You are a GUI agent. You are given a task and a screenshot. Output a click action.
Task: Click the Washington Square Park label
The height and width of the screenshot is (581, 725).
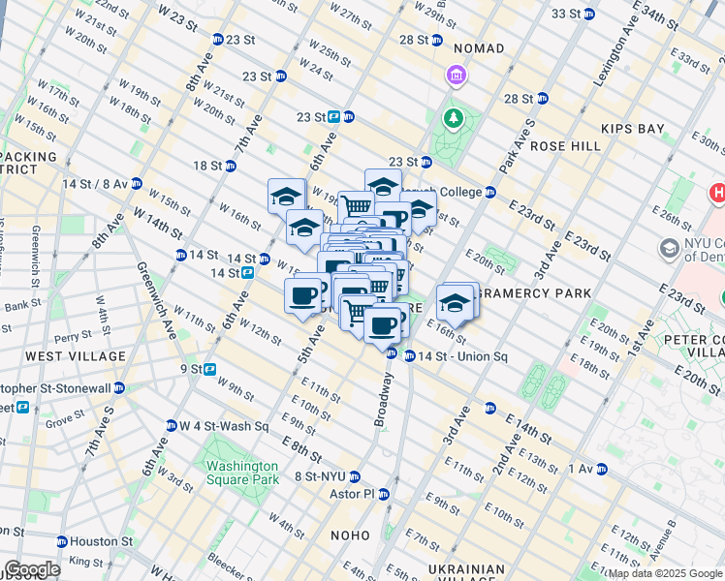(x=241, y=472)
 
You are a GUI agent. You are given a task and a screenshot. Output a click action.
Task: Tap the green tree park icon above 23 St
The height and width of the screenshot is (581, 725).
(x=452, y=119)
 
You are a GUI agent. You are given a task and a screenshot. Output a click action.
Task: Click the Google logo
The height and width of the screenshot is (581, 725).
(x=32, y=569)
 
